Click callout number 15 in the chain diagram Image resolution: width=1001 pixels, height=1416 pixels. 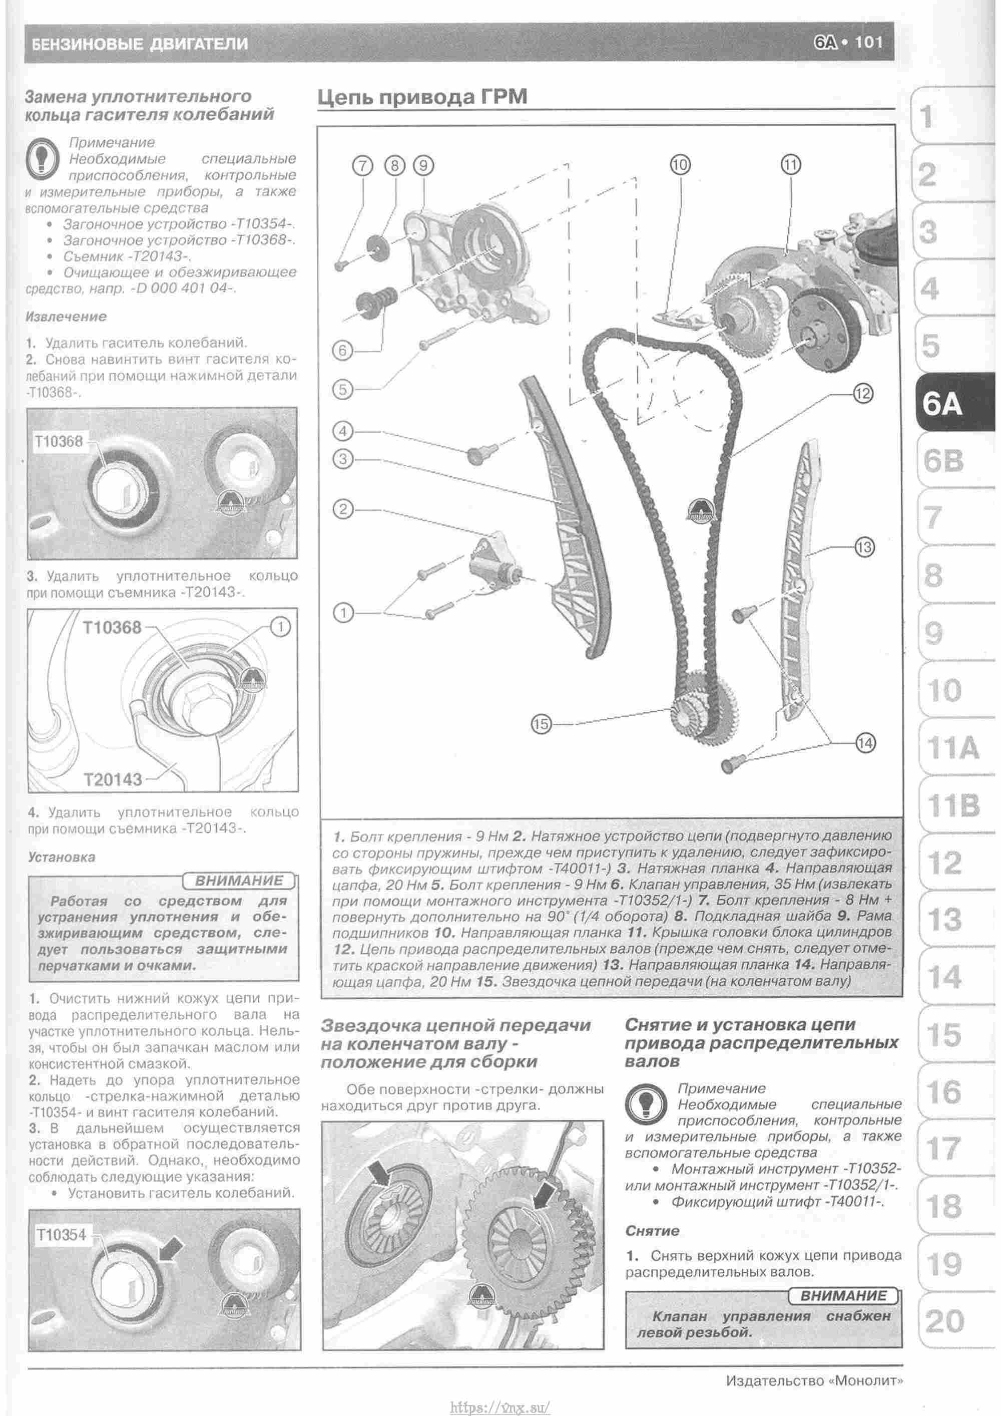click(x=541, y=724)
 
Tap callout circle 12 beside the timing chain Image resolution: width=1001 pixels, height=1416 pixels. click(x=863, y=393)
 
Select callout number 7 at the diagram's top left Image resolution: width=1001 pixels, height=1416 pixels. click(x=363, y=165)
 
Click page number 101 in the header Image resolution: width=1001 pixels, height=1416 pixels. click(x=868, y=43)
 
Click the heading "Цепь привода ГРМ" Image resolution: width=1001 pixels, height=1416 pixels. click(x=422, y=98)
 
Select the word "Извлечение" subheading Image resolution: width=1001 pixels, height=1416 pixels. click(x=66, y=317)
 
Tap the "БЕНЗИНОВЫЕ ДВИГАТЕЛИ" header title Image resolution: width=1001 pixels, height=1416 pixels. click(x=139, y=44)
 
